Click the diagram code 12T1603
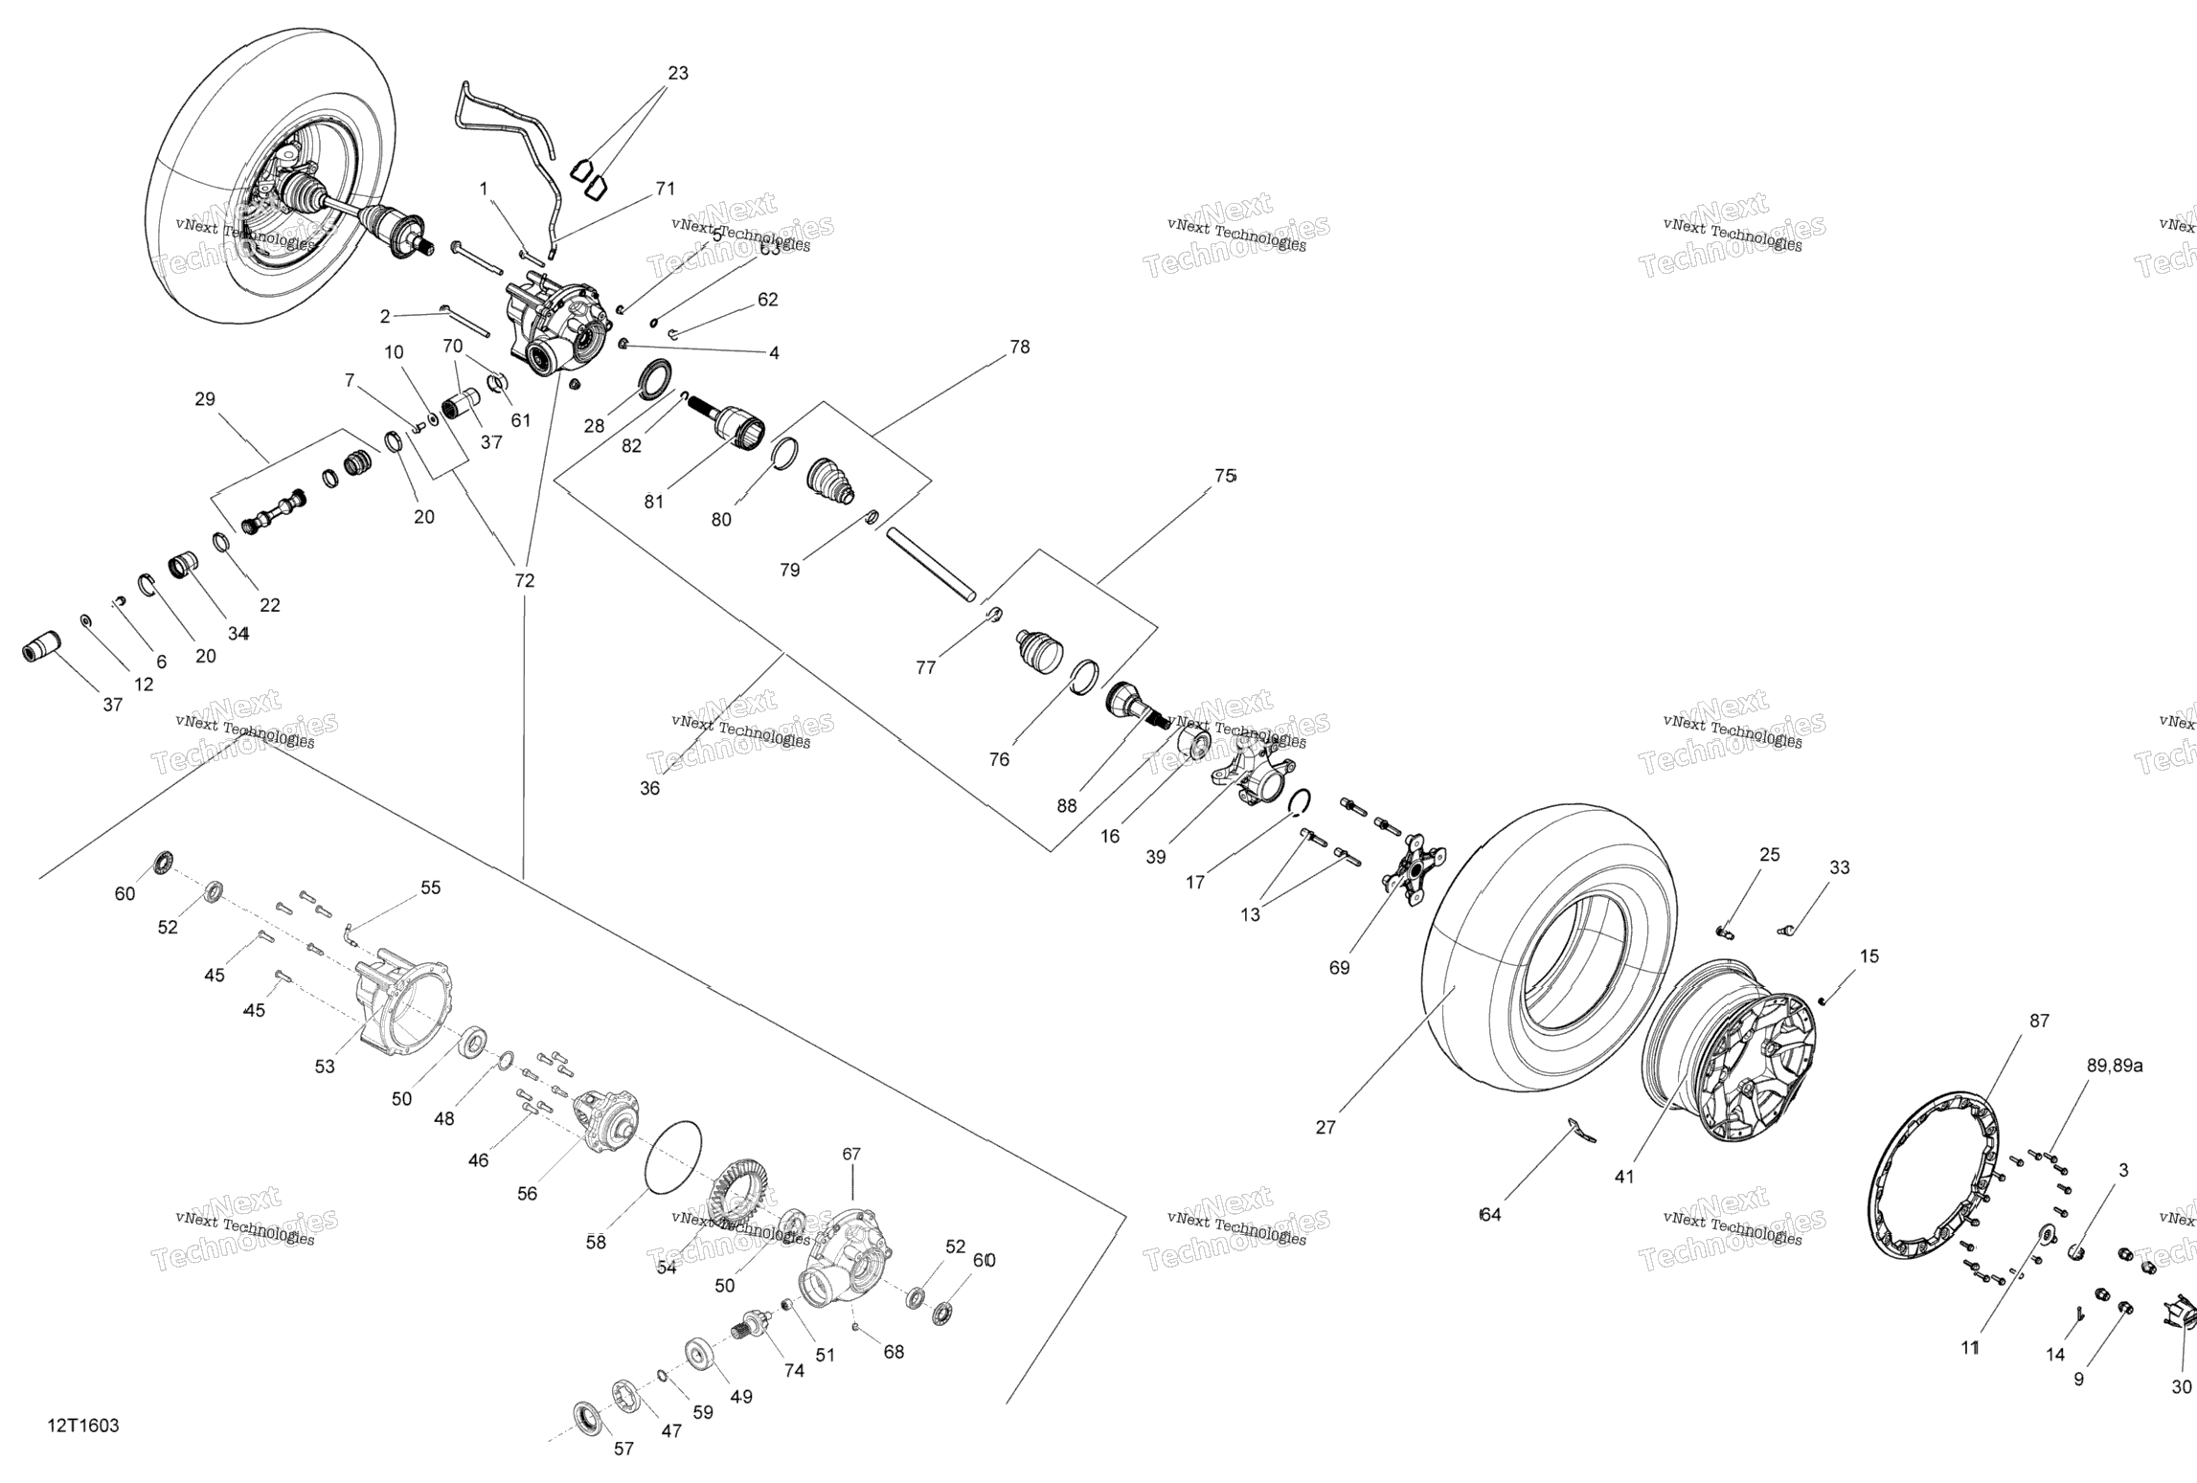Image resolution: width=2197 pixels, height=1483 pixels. pyautogui.click(x=83, y=1426)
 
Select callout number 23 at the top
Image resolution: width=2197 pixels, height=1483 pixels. pyautogui.click(x=678, y=73)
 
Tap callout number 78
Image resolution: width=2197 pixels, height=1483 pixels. pyautogui.click(x=1020, y=347)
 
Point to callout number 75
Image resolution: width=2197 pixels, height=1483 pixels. pyautogui.click(x=1225, y=476)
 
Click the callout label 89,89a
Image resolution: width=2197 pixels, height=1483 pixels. pyautogui.click(x=2115, y=1066)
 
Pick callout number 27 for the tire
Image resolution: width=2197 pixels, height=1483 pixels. pyautogui.click(x=1325, y=1127)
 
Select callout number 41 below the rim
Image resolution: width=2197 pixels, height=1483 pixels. pyautogui.click(x=1624, y=1177)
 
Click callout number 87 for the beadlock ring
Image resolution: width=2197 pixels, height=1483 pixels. pyautogui.click(x=2040, y=1021)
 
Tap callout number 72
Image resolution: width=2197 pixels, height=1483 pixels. pyautogui.click(x=525, y=580)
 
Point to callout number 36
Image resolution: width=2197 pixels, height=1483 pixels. pyautogui.click(x=649, y=788)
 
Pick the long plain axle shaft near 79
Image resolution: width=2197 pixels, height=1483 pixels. pyautogui.click(x=930, y=565)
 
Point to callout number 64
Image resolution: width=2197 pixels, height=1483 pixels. pyautogui.click(x=1490, y=1215)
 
